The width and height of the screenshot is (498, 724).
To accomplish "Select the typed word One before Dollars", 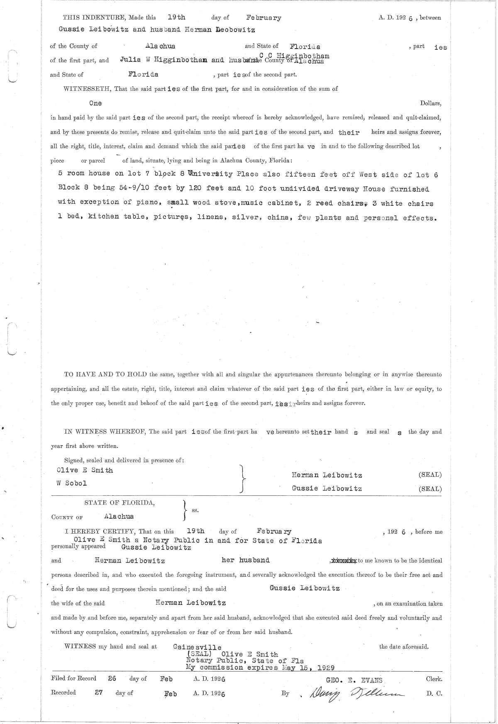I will (x=95, y=103).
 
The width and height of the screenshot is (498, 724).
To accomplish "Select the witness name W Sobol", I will (x=71, y=483).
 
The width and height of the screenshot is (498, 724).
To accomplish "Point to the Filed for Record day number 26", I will (x=112, y=679).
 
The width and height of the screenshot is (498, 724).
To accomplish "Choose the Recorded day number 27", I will (x=98, y=692).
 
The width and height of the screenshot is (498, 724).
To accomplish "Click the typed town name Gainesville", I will (x=197, y=647).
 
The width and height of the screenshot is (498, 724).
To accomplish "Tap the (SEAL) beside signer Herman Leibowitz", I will (x=430, y=475).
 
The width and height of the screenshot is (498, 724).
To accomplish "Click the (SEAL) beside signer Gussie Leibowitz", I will (x=430, y=489).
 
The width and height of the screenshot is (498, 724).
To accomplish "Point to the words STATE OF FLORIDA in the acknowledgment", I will (x=120, y=502).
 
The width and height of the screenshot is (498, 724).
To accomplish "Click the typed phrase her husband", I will (x=246, y=560).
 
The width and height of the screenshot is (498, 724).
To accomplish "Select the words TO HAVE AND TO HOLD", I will (x=106, y=374).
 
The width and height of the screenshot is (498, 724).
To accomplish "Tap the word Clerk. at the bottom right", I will (x=434, y=679).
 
